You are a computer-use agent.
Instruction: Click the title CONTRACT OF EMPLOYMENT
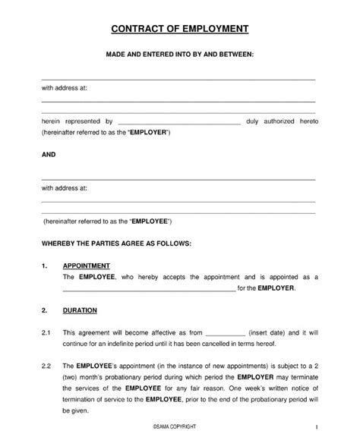pos(179,30)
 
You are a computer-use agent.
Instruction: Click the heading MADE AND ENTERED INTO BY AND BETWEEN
pos(179,55)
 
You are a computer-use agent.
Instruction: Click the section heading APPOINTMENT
pos(87,266)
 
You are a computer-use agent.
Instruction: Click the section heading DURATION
pos(80,310)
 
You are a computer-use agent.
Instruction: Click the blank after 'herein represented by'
pos(179,122)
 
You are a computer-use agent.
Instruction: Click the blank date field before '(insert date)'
pos(226,334)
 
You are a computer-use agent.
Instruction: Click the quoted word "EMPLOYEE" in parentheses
pos(151,221)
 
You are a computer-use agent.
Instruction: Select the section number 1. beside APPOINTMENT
pos(45,266)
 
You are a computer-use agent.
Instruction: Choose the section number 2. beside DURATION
pos(45,310)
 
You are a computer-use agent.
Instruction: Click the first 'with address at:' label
pos(65,88)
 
